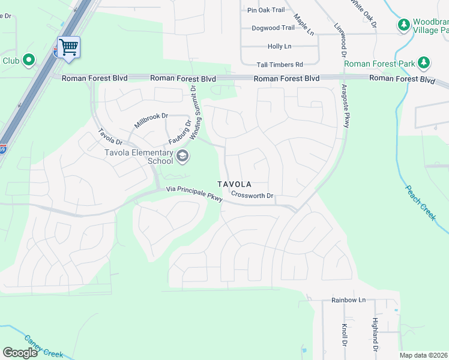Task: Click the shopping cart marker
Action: [x=68, y=46]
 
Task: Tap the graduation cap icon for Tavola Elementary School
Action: [x=182, y=157]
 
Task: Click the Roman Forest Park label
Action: [x=387, y=64]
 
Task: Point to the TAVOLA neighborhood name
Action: [x=234, y=184]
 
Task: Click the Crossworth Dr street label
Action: [x=252, y=196]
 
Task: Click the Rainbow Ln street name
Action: [x=348, y=299]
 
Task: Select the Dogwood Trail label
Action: [x=273, y=28]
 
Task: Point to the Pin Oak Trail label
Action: [x=266, y=10]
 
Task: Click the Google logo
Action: [x=20, y=353]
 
